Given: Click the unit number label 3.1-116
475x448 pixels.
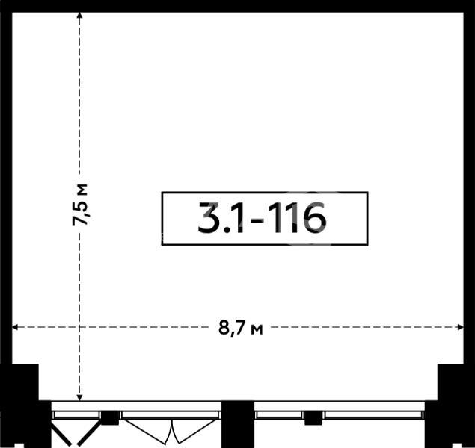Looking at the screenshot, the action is pyautogui.click(x=262, y=217).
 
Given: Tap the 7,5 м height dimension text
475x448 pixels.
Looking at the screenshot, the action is pyautogui.click(x=80, y=205).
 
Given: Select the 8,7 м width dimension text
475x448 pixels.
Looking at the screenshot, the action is pyautogui.click(x=241, y=328).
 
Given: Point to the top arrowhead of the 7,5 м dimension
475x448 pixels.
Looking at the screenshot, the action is pyautogui.click(x=80, y=16).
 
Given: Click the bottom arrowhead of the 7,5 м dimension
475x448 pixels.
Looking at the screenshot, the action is pyautogui.click(x=80, y=397).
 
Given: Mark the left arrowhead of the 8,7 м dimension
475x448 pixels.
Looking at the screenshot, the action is pyautogui.click(x=16, y=327).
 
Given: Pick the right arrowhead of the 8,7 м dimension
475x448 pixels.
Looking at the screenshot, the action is pyautogui.click(x=460, y=327).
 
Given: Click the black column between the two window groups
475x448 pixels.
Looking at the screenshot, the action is pyautogui.click(x=238, y=424).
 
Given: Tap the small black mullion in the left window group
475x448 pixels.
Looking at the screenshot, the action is pyautogui.click(x=110, y=418).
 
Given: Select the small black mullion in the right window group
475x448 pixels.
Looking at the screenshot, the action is pyautogui.click(x=313, y=418).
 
